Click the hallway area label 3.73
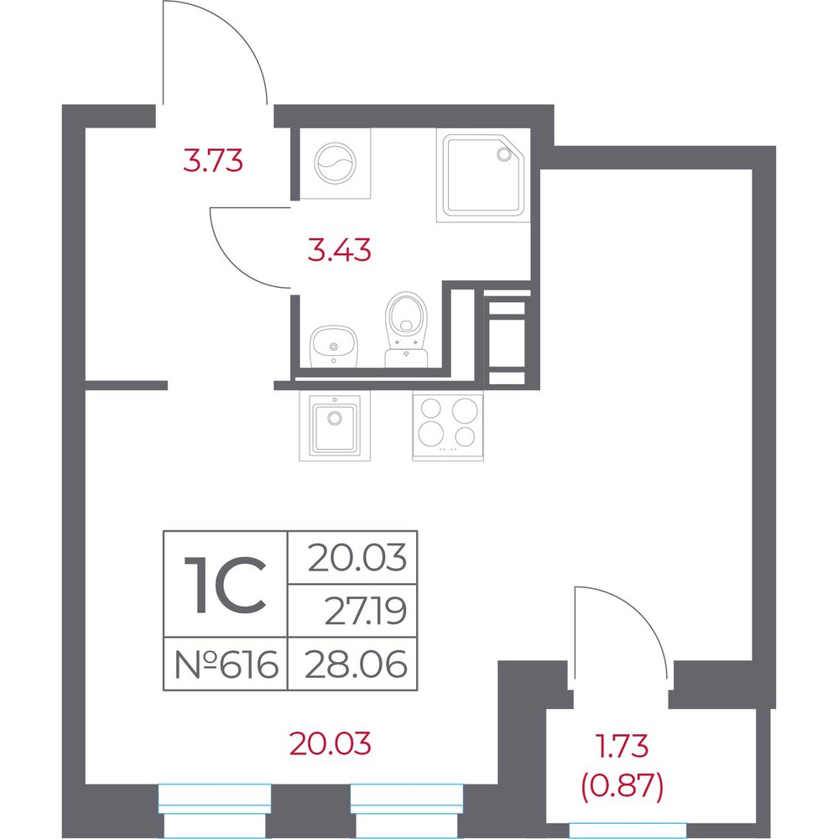coord(213,160)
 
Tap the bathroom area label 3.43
coord(339,250)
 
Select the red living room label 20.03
coord(331,743)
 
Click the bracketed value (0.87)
coord(622,787)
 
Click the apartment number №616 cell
coord(226,664)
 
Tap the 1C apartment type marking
coord(226,584)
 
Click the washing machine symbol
coord(335,164)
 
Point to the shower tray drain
coord(503,154)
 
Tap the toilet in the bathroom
coord(406,330)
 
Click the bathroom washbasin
coord(333,347)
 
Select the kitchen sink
coord(335,426)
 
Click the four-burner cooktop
coord(448,426)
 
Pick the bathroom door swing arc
coord(234,265)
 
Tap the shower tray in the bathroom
coord(483,175)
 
